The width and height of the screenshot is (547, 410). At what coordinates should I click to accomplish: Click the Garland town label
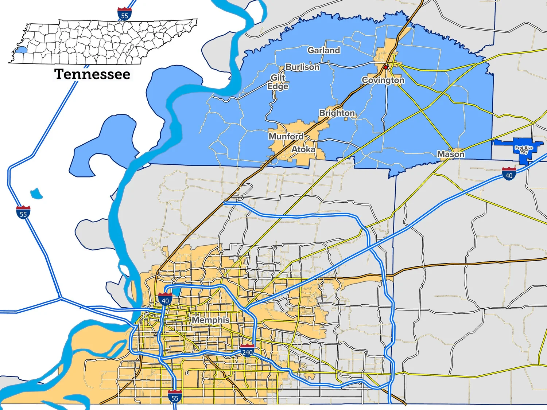(x=324, y=50)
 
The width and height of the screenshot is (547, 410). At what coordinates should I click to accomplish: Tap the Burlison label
(x=302, y=67)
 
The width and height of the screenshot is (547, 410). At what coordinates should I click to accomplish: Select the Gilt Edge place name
(x=278, y=82)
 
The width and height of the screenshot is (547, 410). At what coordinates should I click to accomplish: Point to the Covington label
(x=383, y=80)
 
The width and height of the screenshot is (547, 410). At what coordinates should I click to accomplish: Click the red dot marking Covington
(x=385, y=67)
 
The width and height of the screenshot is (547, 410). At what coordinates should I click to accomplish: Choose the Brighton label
(x=337, y=113)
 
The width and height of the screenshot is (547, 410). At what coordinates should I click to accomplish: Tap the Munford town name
(x=286, y=136)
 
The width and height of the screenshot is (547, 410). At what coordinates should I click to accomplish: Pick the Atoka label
(x=303, y=149)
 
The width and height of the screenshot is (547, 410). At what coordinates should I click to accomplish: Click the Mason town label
(x=451, y=154)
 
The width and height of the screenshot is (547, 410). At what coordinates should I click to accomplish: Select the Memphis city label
(x=211, y=320)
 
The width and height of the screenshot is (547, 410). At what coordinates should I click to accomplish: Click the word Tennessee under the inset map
(x=92, y=74)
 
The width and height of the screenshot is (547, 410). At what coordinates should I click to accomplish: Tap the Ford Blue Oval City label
(x=524, y=150)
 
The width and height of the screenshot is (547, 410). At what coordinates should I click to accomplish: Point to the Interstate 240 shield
(x=247, y=351)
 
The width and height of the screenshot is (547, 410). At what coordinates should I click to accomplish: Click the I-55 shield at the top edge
(x=125, y=14)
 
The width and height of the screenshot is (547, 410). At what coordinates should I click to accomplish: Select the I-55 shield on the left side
(x=23, y=212)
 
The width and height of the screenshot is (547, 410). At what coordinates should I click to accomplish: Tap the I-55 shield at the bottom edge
(x=175, y=397)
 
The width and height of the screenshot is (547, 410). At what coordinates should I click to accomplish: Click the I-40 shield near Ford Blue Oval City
(x=509, y=174)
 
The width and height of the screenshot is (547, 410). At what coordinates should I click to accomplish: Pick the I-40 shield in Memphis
(x=165, y=299)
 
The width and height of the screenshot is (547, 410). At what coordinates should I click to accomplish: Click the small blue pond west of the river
(x=36, y=194)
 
